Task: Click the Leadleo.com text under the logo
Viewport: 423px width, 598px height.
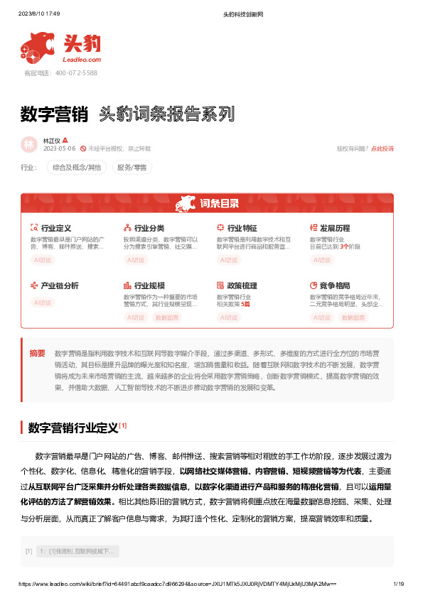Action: pyautogui.click(x=83, y=60)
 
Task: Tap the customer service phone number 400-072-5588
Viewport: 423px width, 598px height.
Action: pyautogui.click(x=70, y=72)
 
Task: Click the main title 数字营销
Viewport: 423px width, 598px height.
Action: pyautogui.click(x=54, y=114)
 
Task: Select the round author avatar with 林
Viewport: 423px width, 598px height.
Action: pyautogui.click(x=29, y=144)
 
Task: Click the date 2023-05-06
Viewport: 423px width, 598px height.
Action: pyautogui.click(x=60, y=148)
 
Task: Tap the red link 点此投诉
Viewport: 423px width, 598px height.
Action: pyautogui.click(x=382, y=148)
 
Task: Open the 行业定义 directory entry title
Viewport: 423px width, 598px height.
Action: pyautogui.click(x=56, y=228)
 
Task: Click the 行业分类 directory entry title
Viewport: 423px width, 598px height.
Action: pyautogui.click(x=149, y=228)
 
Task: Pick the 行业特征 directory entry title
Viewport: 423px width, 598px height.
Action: pyautogui.click(x=242, y=228)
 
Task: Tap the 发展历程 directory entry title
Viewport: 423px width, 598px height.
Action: pyautogui.click(x=335, y=228)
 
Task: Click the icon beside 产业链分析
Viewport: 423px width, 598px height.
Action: pyautogui.click(x=34, y=286)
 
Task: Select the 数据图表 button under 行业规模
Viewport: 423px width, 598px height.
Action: pyautogui.click(x=168, y=317)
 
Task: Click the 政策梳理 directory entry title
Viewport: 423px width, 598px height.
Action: pyautogui.click(x=242, y=286)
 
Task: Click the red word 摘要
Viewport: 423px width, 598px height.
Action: pyautogui.click(x=37, y=353)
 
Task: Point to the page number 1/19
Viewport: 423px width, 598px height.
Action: pyautogui.click(x=398, y=584)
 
